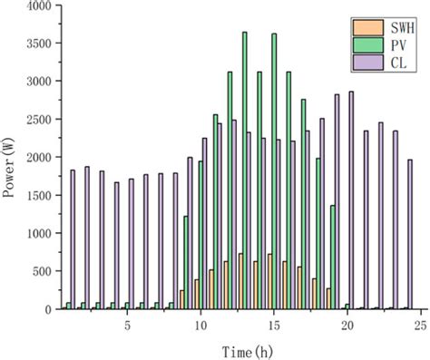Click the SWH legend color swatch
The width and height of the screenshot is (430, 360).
pos(362,25)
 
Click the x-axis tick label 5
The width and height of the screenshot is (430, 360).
pos(128,324)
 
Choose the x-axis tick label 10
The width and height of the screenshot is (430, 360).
pos(200,324)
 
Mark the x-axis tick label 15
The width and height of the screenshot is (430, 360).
pos(274,324)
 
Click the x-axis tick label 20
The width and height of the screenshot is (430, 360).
pos(347,324)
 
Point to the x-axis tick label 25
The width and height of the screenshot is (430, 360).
pos(419,324)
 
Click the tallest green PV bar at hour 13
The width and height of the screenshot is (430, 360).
pos(245,172)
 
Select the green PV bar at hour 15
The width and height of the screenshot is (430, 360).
pos(274,172)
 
